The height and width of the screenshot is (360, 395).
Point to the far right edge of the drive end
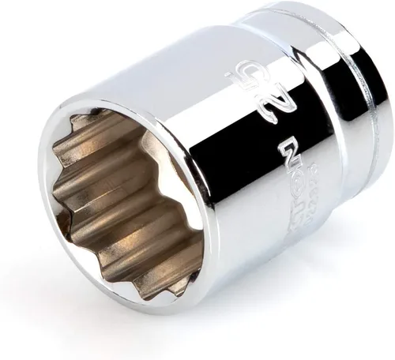click(x=385, y=126)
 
